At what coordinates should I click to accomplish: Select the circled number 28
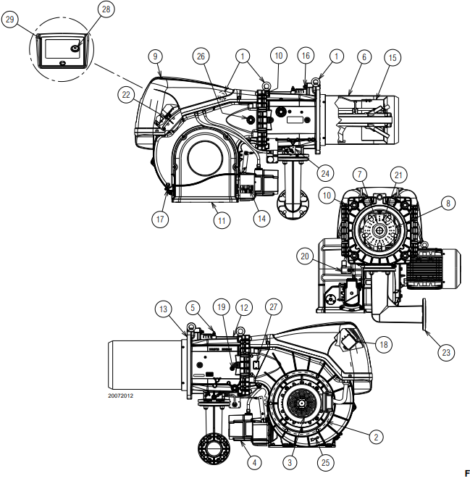click(x=106, y=9)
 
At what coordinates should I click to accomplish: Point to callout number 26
click(x=201, y=56)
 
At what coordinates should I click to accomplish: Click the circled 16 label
click(x=306, y=56)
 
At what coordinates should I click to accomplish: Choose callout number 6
click(x=363, y=56)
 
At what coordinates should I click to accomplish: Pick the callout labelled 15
click(x=392, y=56)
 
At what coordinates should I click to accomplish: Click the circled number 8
click(x=448, y=204)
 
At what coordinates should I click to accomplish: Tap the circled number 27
click(x=273, y=307)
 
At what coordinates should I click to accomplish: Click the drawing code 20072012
click(x=121, y=396)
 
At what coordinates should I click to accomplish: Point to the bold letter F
click(x=456, y=472)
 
